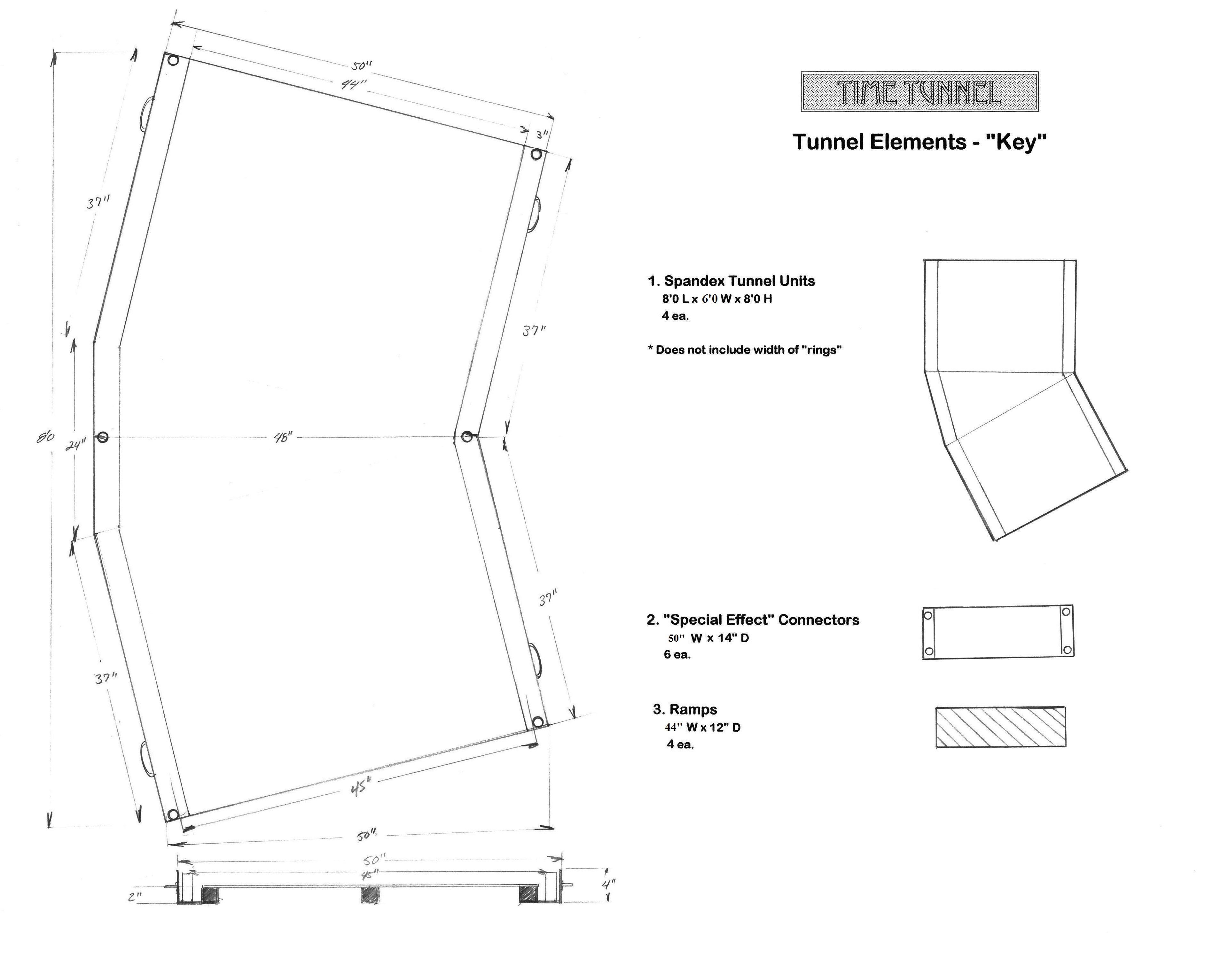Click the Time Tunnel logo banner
pyautogui.click(x=919, y=92)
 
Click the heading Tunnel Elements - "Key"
pyautogui.click(x=919, y=142)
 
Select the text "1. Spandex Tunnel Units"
pyautogui.click(x=731, y=281)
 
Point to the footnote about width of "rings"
pyautogui.click(x=745, y=350)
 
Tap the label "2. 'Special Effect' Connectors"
pyautogui.click(x=753, y=620)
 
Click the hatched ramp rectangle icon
pyautogui.click(x=1000, y=727)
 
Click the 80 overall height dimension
pyautogui.click(x=46, y=437)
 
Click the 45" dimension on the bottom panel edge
pyautogui.click(x=361, y=788)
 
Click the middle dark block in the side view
pyautogui.click(x=370, y=895)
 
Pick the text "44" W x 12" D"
pyautogui.click(x=702, y=727)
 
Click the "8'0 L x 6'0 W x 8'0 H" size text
pyautogui.click(x=717, y=299)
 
